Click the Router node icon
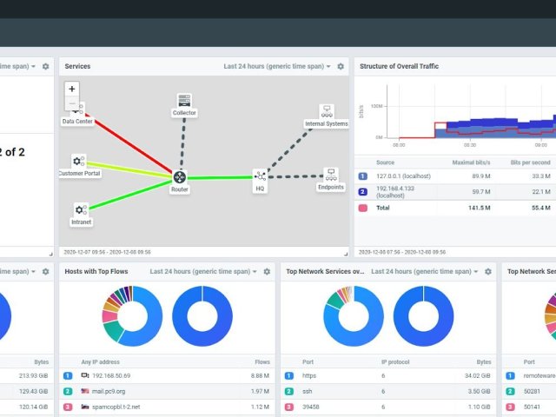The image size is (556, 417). click(x=179, y=177)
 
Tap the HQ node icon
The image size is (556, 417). click(x=260, y=175)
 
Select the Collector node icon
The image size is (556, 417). click(x=184, y=101)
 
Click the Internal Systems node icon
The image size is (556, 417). click(x=327, y=111)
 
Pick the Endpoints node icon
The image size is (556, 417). click(x=330, y=174)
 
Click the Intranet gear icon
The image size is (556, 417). click(x=80, y=209)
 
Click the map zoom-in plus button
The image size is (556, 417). click(x=72, y=88)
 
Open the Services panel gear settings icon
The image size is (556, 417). click(x=341, y=66)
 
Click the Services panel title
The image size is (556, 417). click(x=77, y=66)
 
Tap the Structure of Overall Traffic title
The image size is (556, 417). click(x=400, y=66)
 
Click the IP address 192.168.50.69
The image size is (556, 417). click(x=110, y=376)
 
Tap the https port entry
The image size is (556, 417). click(x=310, y=376)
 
